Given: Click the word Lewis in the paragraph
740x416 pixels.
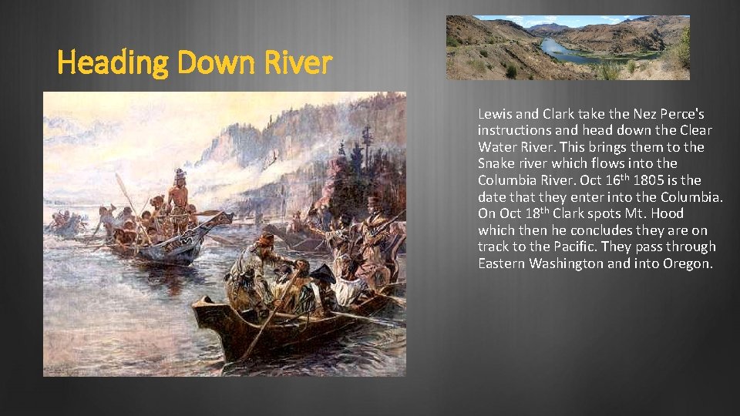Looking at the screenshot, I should [x=493, y=113].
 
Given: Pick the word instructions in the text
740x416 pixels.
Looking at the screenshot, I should [x=515, y=130].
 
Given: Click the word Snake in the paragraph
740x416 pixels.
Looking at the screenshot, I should [x=496, y=163].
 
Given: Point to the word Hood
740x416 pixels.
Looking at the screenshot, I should [x=668, y=213].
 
